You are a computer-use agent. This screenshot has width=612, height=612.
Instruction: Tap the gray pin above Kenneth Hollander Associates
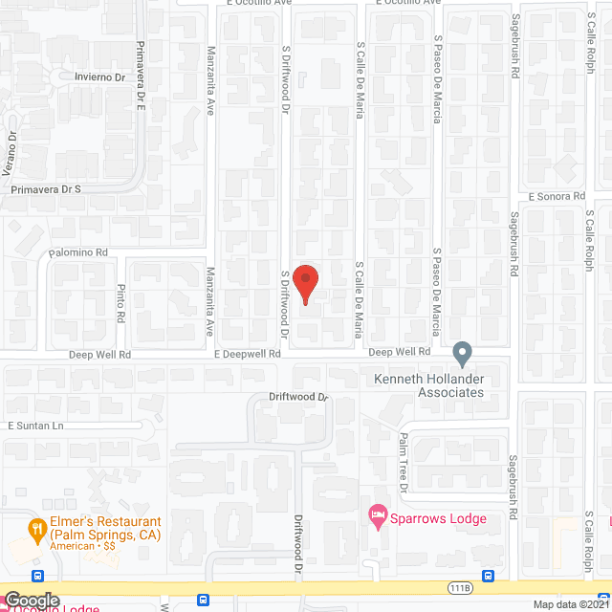[x=463, y=354]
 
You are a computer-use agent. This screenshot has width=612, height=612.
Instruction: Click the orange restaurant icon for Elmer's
[x=37, y=527]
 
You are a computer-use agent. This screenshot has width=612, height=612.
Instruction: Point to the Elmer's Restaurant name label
[x=106, y=527]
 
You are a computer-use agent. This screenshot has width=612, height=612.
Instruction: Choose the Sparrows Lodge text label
[x=442, y=519]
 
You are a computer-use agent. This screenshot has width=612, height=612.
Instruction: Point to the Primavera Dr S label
[x=46, y=189]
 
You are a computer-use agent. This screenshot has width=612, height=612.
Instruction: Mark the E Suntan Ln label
[x=35, y=425]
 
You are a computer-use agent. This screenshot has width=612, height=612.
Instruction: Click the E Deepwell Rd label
[x=247, y=353]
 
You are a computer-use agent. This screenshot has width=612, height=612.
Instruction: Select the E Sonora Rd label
[x=554, y=196]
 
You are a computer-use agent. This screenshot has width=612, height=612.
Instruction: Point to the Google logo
[x=31, y=600]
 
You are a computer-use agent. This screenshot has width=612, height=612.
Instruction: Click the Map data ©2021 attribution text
[x=571, y=604]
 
